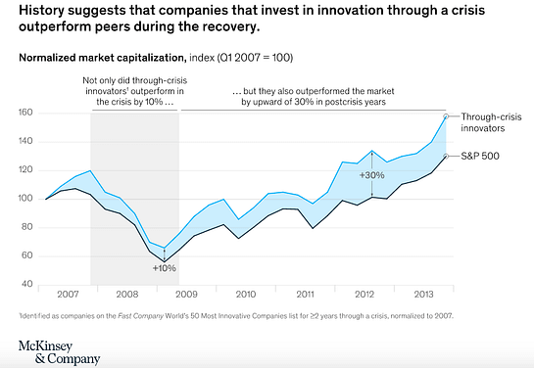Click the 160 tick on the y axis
(25, 113)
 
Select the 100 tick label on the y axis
(25, 199)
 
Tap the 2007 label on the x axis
(68, 293)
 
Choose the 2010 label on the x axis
(246, 293)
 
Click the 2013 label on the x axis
(424, 293)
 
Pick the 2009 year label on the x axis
(187, 293)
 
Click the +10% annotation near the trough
(164, 267)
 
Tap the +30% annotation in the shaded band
(372, 175)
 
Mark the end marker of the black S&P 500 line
(448, 155)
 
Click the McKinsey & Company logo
(58, 350)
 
